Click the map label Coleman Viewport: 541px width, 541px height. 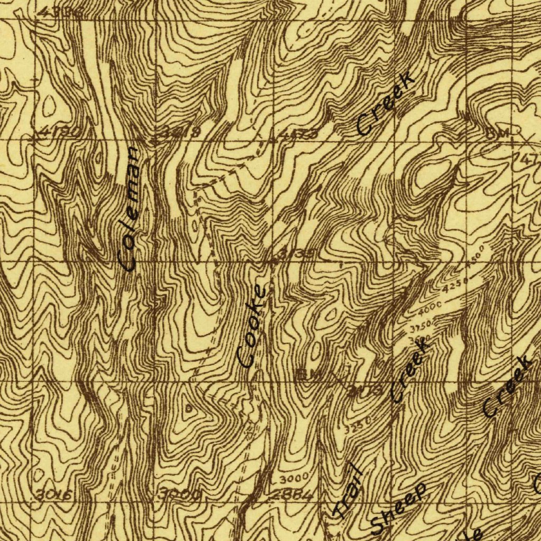coord(129,209)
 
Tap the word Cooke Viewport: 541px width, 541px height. coord(252,326)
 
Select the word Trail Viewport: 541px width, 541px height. coord(347,491)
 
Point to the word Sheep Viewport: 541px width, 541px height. coord(398,508)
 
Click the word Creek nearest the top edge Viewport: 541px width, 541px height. coord(385,104)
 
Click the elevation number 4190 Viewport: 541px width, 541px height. coord(59,132)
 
